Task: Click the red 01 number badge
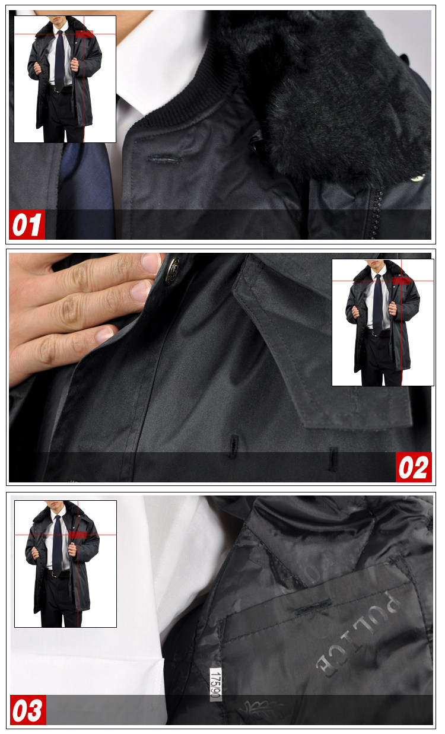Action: click(27, 224)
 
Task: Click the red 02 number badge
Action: click(414, 467)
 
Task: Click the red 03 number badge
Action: click(28, 710)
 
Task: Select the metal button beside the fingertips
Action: click(171, 271)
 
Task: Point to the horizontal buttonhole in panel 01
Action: click(165, 160)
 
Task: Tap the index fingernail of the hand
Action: click(151, 263)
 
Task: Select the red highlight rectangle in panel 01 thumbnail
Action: click(84, 34)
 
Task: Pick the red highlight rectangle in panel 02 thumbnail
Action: click(401, 281)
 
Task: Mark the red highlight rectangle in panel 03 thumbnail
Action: click(78, 535)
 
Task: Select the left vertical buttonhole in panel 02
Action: click(233, 446)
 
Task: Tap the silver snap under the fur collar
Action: click(417, 178)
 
